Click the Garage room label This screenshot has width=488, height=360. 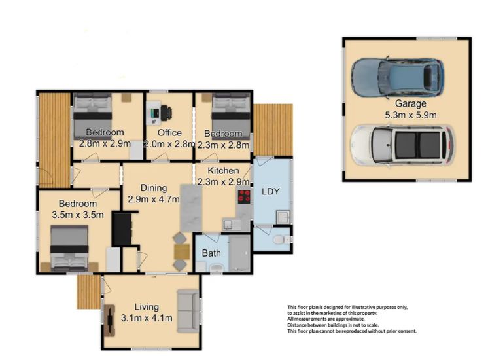tap(411, 103)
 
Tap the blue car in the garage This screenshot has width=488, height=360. tap(398, 77)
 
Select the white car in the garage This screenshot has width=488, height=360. tap(402, 145)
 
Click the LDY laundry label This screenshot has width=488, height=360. tap(270, 191)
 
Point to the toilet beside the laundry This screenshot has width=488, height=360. tap(281, 240)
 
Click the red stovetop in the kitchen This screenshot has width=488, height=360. tap(244, 196)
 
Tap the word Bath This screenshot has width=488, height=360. tap(211, 253)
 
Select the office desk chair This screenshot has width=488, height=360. tap(166, 113)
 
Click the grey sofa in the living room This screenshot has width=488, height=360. tap(188, 311)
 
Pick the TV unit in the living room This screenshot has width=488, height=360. tap(109, 321)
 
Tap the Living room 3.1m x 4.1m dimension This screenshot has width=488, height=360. tap(147, 318)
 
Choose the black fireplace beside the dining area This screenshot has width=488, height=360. tap(122, 228)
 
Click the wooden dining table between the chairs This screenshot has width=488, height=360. tap(182, 251)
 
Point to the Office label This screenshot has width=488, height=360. tap(169, 133)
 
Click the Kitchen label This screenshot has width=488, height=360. tap(223, 171)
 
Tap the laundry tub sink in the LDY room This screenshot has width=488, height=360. tap(283, 217)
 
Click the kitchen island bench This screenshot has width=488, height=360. tap(191, 207)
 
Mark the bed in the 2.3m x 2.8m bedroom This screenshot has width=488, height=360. tap(231, 116)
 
